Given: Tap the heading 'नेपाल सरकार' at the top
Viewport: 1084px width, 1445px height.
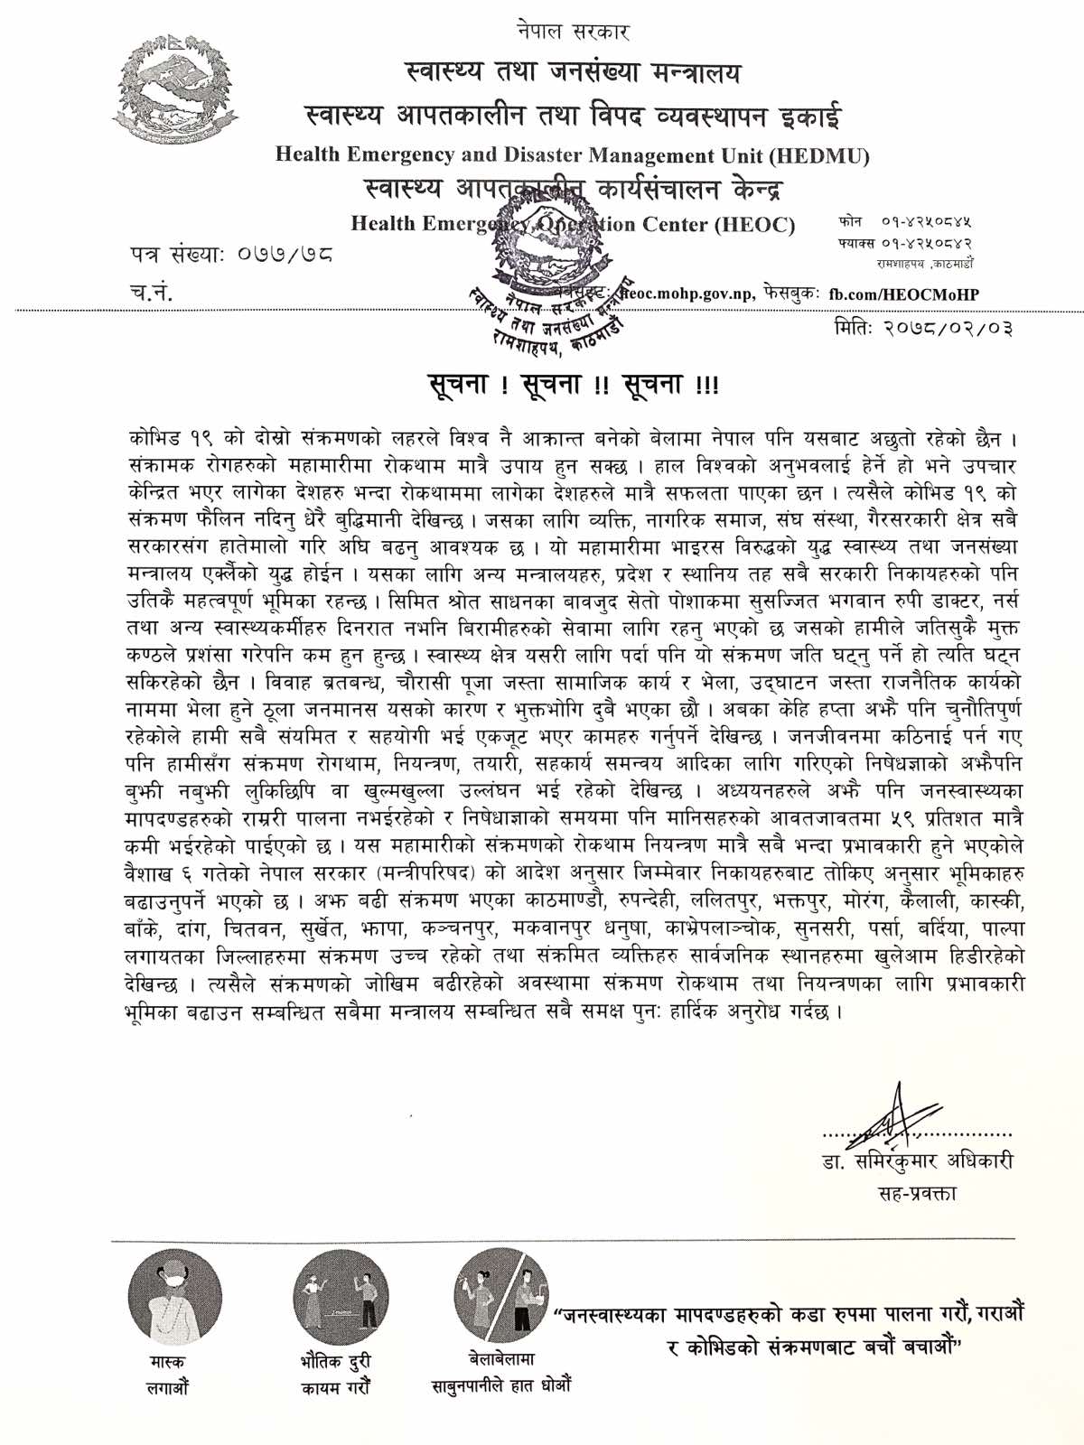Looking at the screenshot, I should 574,32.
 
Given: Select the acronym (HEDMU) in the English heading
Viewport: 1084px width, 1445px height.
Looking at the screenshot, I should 819,155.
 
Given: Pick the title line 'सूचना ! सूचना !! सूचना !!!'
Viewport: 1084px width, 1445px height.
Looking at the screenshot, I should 574,386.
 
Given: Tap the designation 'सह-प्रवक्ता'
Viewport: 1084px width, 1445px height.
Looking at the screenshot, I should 917,1193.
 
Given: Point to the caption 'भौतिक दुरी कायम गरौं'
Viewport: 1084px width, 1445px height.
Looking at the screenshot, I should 335,1374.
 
